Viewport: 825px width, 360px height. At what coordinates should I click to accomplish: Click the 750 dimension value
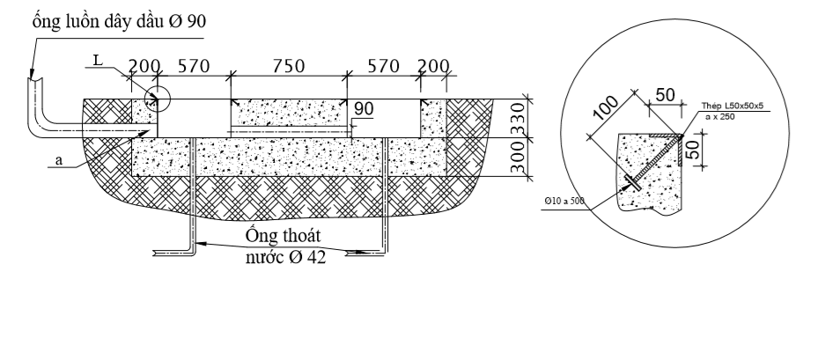pos(288,66)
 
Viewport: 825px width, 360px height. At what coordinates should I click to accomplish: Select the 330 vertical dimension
pos(518,120)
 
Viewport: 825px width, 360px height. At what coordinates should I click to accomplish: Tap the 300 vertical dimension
pos(518,157)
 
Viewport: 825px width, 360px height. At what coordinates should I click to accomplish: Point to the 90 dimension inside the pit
pos(364,109)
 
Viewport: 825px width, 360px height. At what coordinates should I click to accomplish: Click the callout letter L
pos(98,61)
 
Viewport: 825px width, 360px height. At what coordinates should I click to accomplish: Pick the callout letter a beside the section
pos(58,160)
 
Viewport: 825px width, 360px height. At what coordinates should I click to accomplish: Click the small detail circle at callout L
pos(158,99)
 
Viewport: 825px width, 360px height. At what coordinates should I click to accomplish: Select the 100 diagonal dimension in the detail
pos(605,108)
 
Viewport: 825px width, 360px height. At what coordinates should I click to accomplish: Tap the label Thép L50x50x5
pos(732,106)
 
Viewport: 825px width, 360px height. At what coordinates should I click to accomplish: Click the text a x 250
pos(719,117)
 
